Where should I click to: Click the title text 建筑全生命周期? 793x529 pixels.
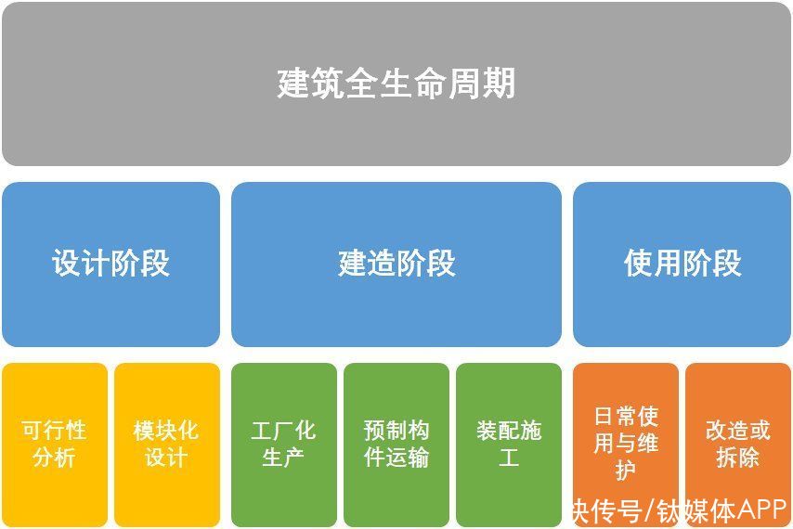coord(396,83)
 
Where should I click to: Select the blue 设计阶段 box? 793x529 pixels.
coord(110,264)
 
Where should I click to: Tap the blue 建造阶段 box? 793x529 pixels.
coord(396,264)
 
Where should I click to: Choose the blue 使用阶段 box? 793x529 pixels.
coord(682,264)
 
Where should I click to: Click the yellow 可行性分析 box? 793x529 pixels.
coord(55,445)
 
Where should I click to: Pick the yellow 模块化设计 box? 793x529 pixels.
coord(167,445)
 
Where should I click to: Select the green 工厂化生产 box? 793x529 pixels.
coord(284,445)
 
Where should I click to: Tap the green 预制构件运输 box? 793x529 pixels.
coord(396,445)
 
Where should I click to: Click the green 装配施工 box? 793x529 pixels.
coord(509,445)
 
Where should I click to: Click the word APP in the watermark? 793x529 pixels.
coord(760,510)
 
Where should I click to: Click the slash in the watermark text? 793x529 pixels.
coord(649,511)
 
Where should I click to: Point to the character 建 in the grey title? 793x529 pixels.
coord(293,83)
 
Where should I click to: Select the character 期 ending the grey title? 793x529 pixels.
coord(500,83)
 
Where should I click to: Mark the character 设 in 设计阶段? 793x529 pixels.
coord(66,263)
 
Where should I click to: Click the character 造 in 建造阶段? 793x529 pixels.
coord(382,263)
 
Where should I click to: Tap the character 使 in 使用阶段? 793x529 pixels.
coord(638,263)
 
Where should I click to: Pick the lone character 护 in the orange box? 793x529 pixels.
coord(626,471)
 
